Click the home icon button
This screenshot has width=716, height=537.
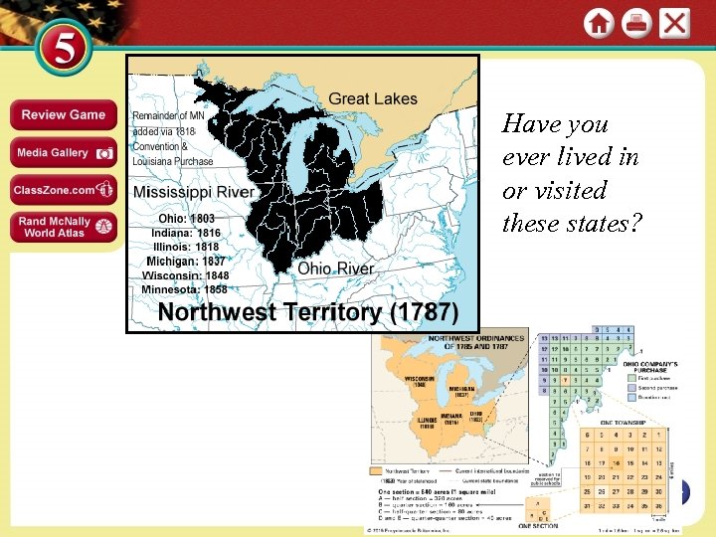(599, 23)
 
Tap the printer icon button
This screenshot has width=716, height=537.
(636, 23)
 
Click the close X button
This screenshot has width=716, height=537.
(675, 23)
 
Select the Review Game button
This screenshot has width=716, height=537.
(64, 115)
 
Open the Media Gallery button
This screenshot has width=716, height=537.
(64, 153)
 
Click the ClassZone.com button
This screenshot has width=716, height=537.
(64, 190)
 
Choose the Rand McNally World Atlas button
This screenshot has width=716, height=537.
(64, 227)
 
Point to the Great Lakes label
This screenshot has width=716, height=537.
(373, 98)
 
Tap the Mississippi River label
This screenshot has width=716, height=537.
(194, 192)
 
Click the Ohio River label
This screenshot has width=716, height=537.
(336, 268)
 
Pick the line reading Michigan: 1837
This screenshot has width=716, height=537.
(183, 261)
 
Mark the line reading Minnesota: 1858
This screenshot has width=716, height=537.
(185, 289)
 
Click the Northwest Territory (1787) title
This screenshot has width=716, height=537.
(308, 311)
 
